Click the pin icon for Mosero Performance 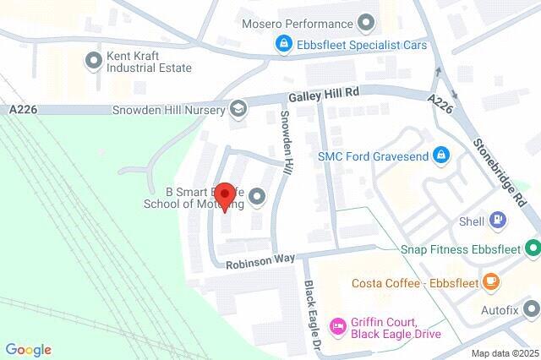[x=366, y=23]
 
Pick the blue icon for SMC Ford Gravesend [x=440, y=155]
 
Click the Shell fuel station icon [x=498, y=221]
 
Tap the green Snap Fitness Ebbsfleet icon [x=532, y=248]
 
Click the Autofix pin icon [x=531, y=308]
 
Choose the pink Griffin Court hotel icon [x=337, y=325]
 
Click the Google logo [x=28, y=349]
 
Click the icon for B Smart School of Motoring [x=258, y=198]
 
